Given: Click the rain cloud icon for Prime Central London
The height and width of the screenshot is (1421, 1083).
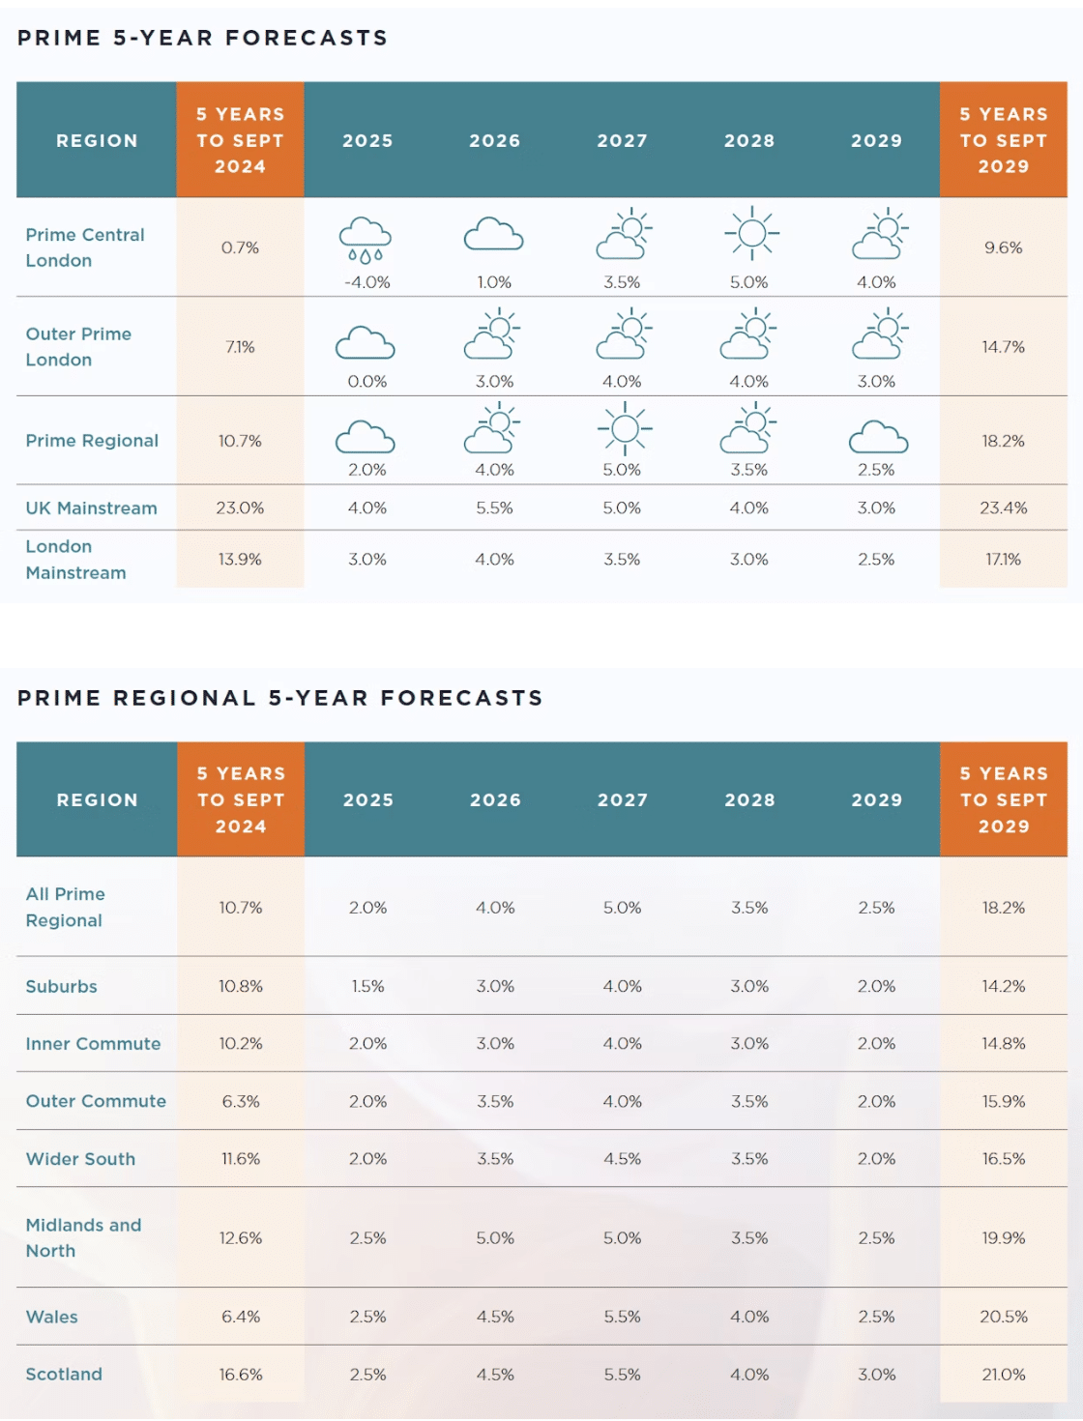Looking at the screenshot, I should pos(366,240).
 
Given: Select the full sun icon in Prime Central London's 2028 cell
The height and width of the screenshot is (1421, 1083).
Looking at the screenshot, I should pos(751,233).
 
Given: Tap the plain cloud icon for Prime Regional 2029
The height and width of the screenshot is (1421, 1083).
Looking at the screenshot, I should pos(878,437).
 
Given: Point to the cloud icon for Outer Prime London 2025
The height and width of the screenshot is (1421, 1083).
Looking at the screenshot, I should pos(365,343).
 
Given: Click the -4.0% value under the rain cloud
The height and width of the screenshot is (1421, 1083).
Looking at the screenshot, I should pos(367,282).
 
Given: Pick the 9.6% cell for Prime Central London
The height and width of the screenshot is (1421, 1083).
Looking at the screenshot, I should pos(1003,247).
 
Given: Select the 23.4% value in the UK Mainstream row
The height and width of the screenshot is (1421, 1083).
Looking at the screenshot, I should pos(1003,507).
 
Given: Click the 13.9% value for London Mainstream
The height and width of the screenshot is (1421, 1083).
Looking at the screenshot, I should pos(240,560).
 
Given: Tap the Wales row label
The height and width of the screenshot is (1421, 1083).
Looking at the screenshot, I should pos(52,1317).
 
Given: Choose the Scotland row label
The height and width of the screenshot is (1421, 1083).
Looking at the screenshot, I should pos(64,1374).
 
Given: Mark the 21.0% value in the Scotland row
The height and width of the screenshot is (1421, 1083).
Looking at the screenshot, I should pos(1003,1374).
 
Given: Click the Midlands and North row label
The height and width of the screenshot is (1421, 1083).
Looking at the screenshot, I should pos(83,1237).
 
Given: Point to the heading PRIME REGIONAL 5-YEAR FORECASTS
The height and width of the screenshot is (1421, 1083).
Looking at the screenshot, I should pos(280,698).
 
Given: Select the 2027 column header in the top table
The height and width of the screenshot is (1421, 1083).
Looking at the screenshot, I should pos(622,141).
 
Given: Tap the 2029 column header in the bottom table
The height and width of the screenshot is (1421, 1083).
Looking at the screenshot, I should pos(876,800).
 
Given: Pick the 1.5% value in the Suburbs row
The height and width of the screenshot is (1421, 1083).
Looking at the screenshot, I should pos(367,986).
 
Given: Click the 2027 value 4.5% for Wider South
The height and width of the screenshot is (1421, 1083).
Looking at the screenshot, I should pos(622,1158).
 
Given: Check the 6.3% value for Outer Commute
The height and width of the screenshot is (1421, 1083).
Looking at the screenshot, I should pos(241,1101).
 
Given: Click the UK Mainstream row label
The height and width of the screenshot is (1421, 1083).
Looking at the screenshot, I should pos(91,508).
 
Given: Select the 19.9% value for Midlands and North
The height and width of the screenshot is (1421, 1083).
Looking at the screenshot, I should pos(1003,1237).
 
